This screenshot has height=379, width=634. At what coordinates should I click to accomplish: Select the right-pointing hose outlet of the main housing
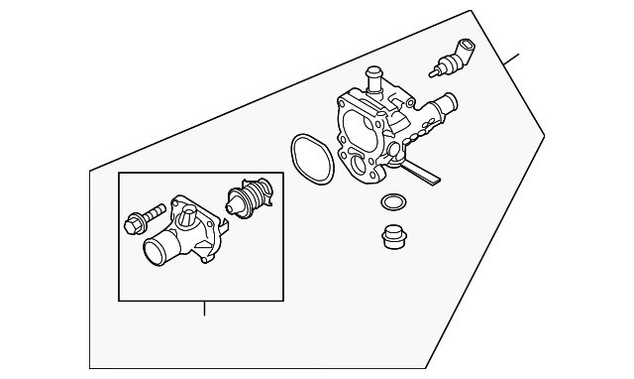pyautogui.click(x=444, y=102)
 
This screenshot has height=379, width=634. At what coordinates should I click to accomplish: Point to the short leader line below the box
pyautogui.click(x=203, y=309)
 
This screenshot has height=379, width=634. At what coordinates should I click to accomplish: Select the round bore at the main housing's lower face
pyautogui.click(x=355, y=163)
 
